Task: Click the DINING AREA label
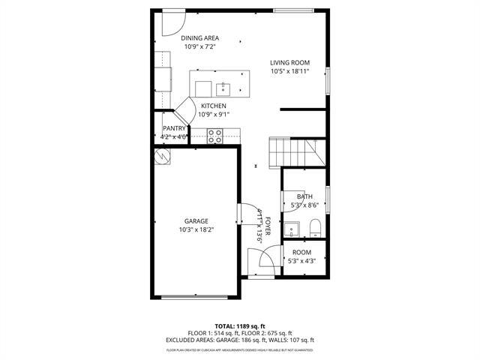tap(199, 37)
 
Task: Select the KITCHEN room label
tap(214, 106)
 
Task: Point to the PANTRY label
tap(174, 128)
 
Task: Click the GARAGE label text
tap(196, 220)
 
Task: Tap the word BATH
tap(304, 196)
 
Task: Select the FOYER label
tap(268, 225)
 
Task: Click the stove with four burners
tap(214, 136)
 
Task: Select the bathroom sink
tap(293, 229)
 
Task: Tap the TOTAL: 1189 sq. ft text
tap(240, 326)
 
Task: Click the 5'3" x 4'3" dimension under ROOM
tap(302, 261)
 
